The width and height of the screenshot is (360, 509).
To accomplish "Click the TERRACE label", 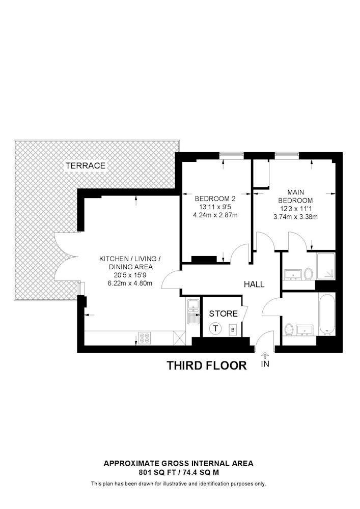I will (85, 165).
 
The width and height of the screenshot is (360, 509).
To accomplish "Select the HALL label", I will (254, 285).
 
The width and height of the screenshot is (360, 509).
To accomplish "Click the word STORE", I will (223, 314).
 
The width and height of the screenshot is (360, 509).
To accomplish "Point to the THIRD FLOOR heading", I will (207, 365).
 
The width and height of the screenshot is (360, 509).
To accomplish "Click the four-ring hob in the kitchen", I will (144, 337).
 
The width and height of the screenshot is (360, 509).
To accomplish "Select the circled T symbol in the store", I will (216, 328).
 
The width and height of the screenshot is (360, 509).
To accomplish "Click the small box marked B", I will (233, 329).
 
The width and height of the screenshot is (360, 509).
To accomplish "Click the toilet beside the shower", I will (308, 275).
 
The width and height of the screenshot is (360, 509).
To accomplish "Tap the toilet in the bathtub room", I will (289, 329).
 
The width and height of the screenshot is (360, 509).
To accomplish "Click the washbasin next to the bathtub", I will (306, 331).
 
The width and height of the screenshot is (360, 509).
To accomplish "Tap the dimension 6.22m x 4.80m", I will (129, 284).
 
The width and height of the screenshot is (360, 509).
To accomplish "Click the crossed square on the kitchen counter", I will (179, 337).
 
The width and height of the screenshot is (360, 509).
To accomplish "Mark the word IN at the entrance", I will (264, 364).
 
